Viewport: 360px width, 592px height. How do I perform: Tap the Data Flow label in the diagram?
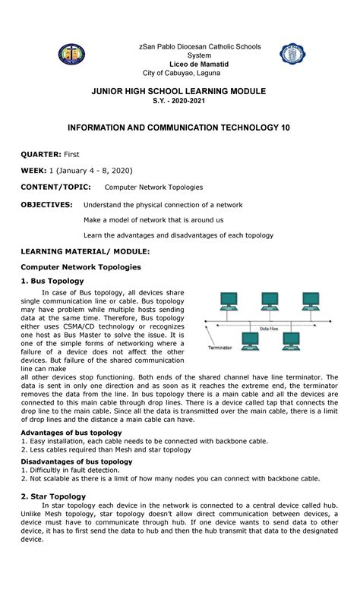point(273,329)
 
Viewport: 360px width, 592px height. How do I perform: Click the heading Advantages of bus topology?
point(71,432)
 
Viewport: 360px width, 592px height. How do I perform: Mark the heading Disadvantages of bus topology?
point(77,461)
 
